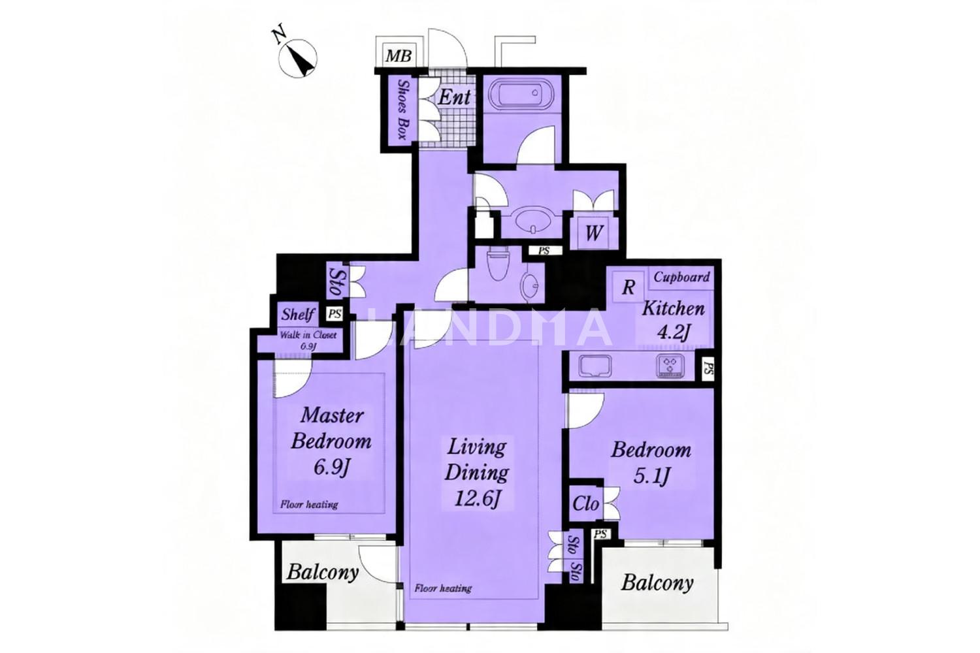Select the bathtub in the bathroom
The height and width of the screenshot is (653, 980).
pos(521,94)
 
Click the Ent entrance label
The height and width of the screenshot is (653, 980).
pos(455,97)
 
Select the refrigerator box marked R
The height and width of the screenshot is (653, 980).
pos(629,287)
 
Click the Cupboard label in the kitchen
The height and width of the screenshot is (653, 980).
pos(681,277)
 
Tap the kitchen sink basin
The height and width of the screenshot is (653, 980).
pos(595,366)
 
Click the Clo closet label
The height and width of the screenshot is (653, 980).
pos(585,504)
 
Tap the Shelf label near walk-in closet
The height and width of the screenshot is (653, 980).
pos(299,314)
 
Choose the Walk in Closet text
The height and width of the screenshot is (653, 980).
pos(308,336)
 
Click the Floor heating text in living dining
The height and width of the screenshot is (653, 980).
pos(443,588)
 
